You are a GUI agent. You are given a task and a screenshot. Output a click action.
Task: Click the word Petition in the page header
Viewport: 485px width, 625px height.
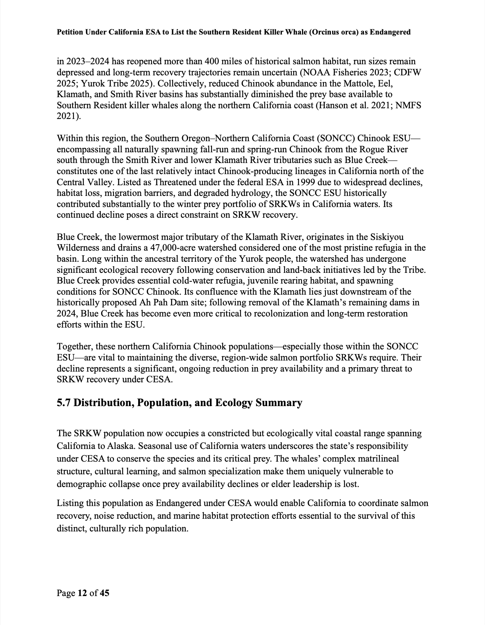pos(70,32)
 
